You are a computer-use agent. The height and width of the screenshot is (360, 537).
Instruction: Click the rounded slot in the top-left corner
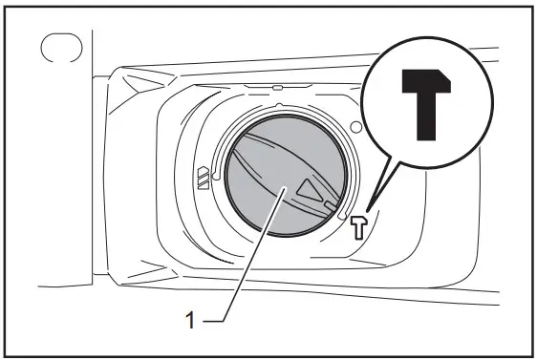60,51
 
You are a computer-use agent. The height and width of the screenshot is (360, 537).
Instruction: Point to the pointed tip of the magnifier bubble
370,205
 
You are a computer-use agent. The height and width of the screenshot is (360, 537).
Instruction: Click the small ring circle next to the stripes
219,177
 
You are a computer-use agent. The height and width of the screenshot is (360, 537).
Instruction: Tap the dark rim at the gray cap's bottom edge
277,235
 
